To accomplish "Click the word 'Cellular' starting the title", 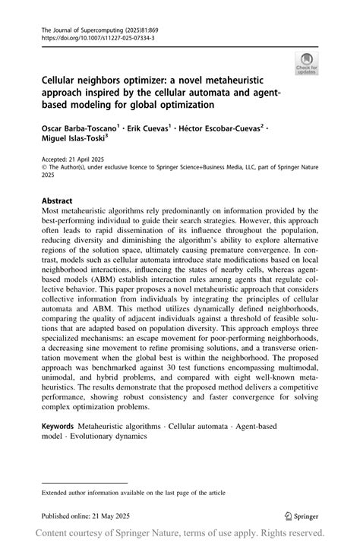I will coord(60,79).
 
